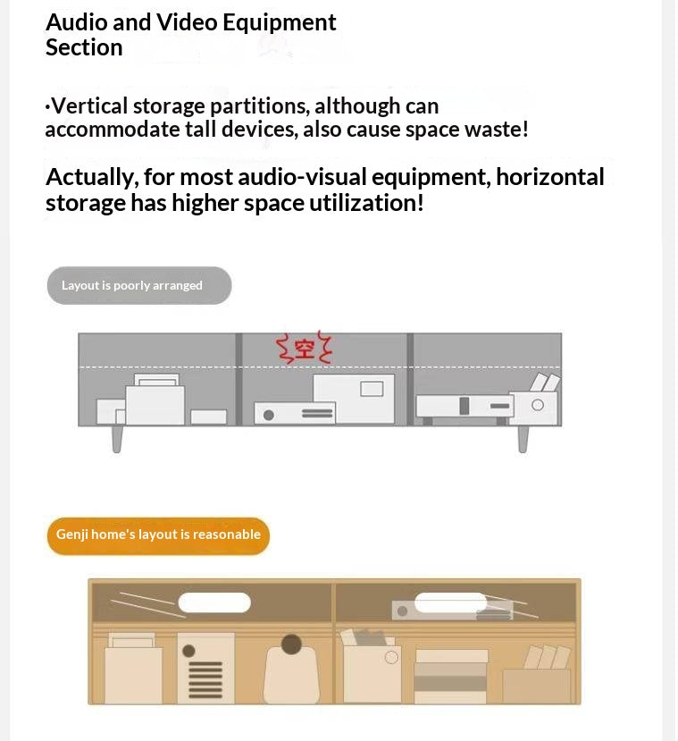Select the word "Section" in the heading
coord(84,47)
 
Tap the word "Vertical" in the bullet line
coord(89,106)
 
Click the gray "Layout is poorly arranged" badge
coord(138,285)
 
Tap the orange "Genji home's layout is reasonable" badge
coord(158,535)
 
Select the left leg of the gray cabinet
coord(116,438)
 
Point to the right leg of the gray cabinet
coord(523,438)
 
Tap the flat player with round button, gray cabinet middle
coord(294,414)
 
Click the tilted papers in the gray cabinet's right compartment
coord(545,384)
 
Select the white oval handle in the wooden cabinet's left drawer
coord(214,602)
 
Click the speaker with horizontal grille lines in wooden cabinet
coord(205,669)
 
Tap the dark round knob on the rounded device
coord(291,644)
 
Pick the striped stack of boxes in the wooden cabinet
coord(451,676)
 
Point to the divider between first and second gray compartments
coord(239,379)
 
